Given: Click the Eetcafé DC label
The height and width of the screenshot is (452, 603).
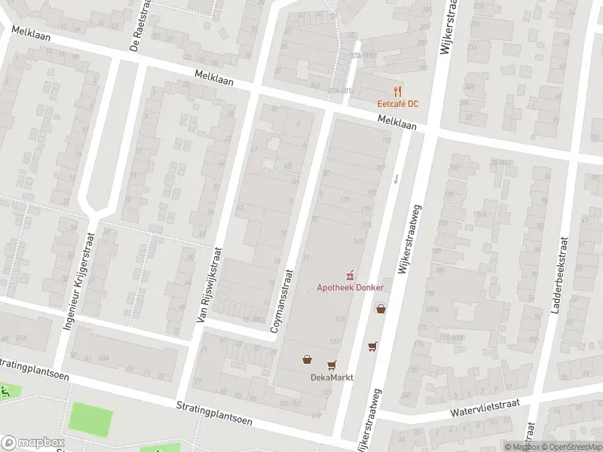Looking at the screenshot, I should click(x=398, y=103).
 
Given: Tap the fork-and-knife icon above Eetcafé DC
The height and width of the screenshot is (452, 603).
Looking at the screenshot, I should click(x=398, y=90).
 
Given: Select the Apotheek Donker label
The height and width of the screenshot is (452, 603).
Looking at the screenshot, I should click(x=350, y=288).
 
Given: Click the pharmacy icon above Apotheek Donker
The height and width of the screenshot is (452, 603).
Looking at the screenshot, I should click(x=350, y=276).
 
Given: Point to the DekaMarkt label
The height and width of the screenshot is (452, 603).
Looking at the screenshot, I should click(x=332, y=377).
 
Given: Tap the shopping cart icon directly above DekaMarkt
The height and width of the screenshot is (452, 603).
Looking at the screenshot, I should click(x=332, y=365).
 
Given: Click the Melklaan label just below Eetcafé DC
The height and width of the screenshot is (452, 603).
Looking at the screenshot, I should click(x=397, y=124).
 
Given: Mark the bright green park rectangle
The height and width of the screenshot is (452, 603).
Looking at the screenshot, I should click(x=91, y=420).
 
